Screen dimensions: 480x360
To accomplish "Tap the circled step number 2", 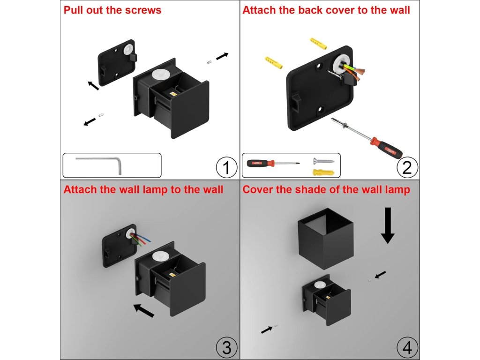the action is pyautogui.click(x=407, y=167).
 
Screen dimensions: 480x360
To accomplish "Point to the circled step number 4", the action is pyautogui.click(x=407, y=347).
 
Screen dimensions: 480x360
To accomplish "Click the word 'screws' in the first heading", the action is pyautogui.click(x=143, y=10).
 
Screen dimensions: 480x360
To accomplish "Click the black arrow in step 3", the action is pyautogui.click(x=143, y=310).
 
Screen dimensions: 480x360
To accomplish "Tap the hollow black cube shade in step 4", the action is pyautogui.click(x=325, y=238).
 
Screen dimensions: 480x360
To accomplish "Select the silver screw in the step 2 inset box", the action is pyautogui.click(x=324, y=160).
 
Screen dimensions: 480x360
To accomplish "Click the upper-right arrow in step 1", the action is pyautogui.click(x=223, y=56).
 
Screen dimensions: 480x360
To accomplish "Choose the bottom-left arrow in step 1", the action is pyautogui.click(x=89, y=122).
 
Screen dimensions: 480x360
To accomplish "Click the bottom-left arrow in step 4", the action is pyautogui.click(x=267, y=330).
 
